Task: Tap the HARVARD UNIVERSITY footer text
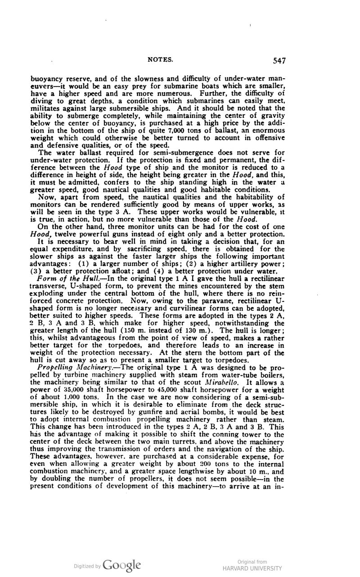point(252,568)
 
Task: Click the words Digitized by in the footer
point(88,566)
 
